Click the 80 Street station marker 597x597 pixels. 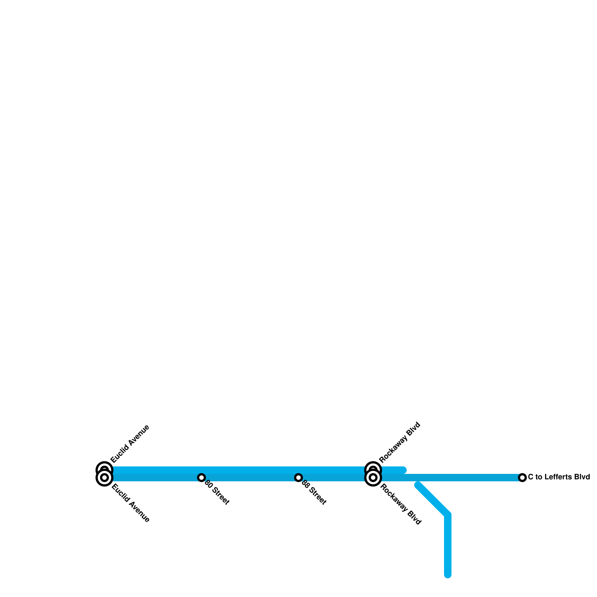tap(201, 477)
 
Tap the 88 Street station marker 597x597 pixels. tap(298, 477)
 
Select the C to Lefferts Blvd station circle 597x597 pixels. tap(522, 477)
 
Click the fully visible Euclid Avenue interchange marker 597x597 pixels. tap(104, 478)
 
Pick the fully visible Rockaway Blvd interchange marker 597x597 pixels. tap(373, 478)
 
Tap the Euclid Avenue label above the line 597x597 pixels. tap(130, 444)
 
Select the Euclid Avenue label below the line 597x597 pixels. tap(131, 503)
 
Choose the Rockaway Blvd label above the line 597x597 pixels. tap(400, 443)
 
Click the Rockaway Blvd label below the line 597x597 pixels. tap(400, 504)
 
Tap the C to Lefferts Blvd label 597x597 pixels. tap(559, 477)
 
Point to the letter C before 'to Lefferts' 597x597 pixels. tap(530, 477)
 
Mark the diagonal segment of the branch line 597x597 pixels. tap(433, 500)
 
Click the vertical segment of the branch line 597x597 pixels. tap(448, 545)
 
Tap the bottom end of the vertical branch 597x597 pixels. tap(448, 575)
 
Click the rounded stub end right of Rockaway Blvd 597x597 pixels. tap(403, 470)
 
